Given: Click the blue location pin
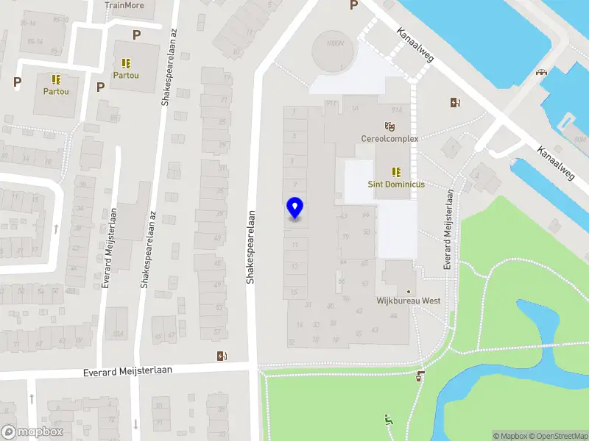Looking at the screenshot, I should [294, 208].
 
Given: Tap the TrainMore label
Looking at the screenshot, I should [124, 5].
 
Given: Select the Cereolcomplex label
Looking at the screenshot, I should [389, 139].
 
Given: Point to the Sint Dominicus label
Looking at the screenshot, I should [396, 184].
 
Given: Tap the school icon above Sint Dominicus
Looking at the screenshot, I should [396, 172].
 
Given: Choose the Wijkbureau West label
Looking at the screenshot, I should [409, 301].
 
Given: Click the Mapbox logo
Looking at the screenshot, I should [32, 432].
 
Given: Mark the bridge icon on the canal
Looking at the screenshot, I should [543, 72].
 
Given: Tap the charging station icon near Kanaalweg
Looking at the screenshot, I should [456, 103].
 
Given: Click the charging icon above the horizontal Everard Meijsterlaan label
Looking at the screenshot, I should [222, 356].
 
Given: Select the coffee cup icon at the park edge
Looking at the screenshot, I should [420, 376].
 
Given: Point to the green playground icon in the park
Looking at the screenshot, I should [387, 420].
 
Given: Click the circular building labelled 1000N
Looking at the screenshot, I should [333, 50].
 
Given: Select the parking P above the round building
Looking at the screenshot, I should [353, 5].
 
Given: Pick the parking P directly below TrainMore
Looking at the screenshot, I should [136, 35].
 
